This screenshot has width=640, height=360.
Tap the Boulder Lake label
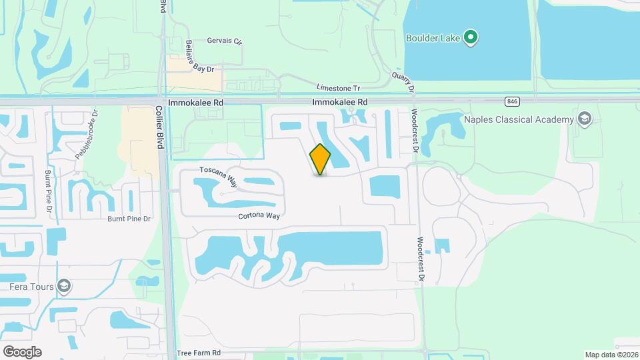(x=433, y=37)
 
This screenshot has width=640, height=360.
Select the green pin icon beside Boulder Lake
(x=471, y=37)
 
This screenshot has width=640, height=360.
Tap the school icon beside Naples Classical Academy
(x=585, y=119)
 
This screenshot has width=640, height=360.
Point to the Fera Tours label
(x=27, y=287)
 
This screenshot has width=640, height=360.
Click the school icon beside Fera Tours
(x=64, y=287)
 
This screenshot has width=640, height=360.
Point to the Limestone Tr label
(x=338, y=88)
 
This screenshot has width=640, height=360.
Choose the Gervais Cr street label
(x=224, y=41)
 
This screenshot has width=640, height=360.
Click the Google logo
(x=22, y=351)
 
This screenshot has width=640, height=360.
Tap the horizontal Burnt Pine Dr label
(x=129, y=218)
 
